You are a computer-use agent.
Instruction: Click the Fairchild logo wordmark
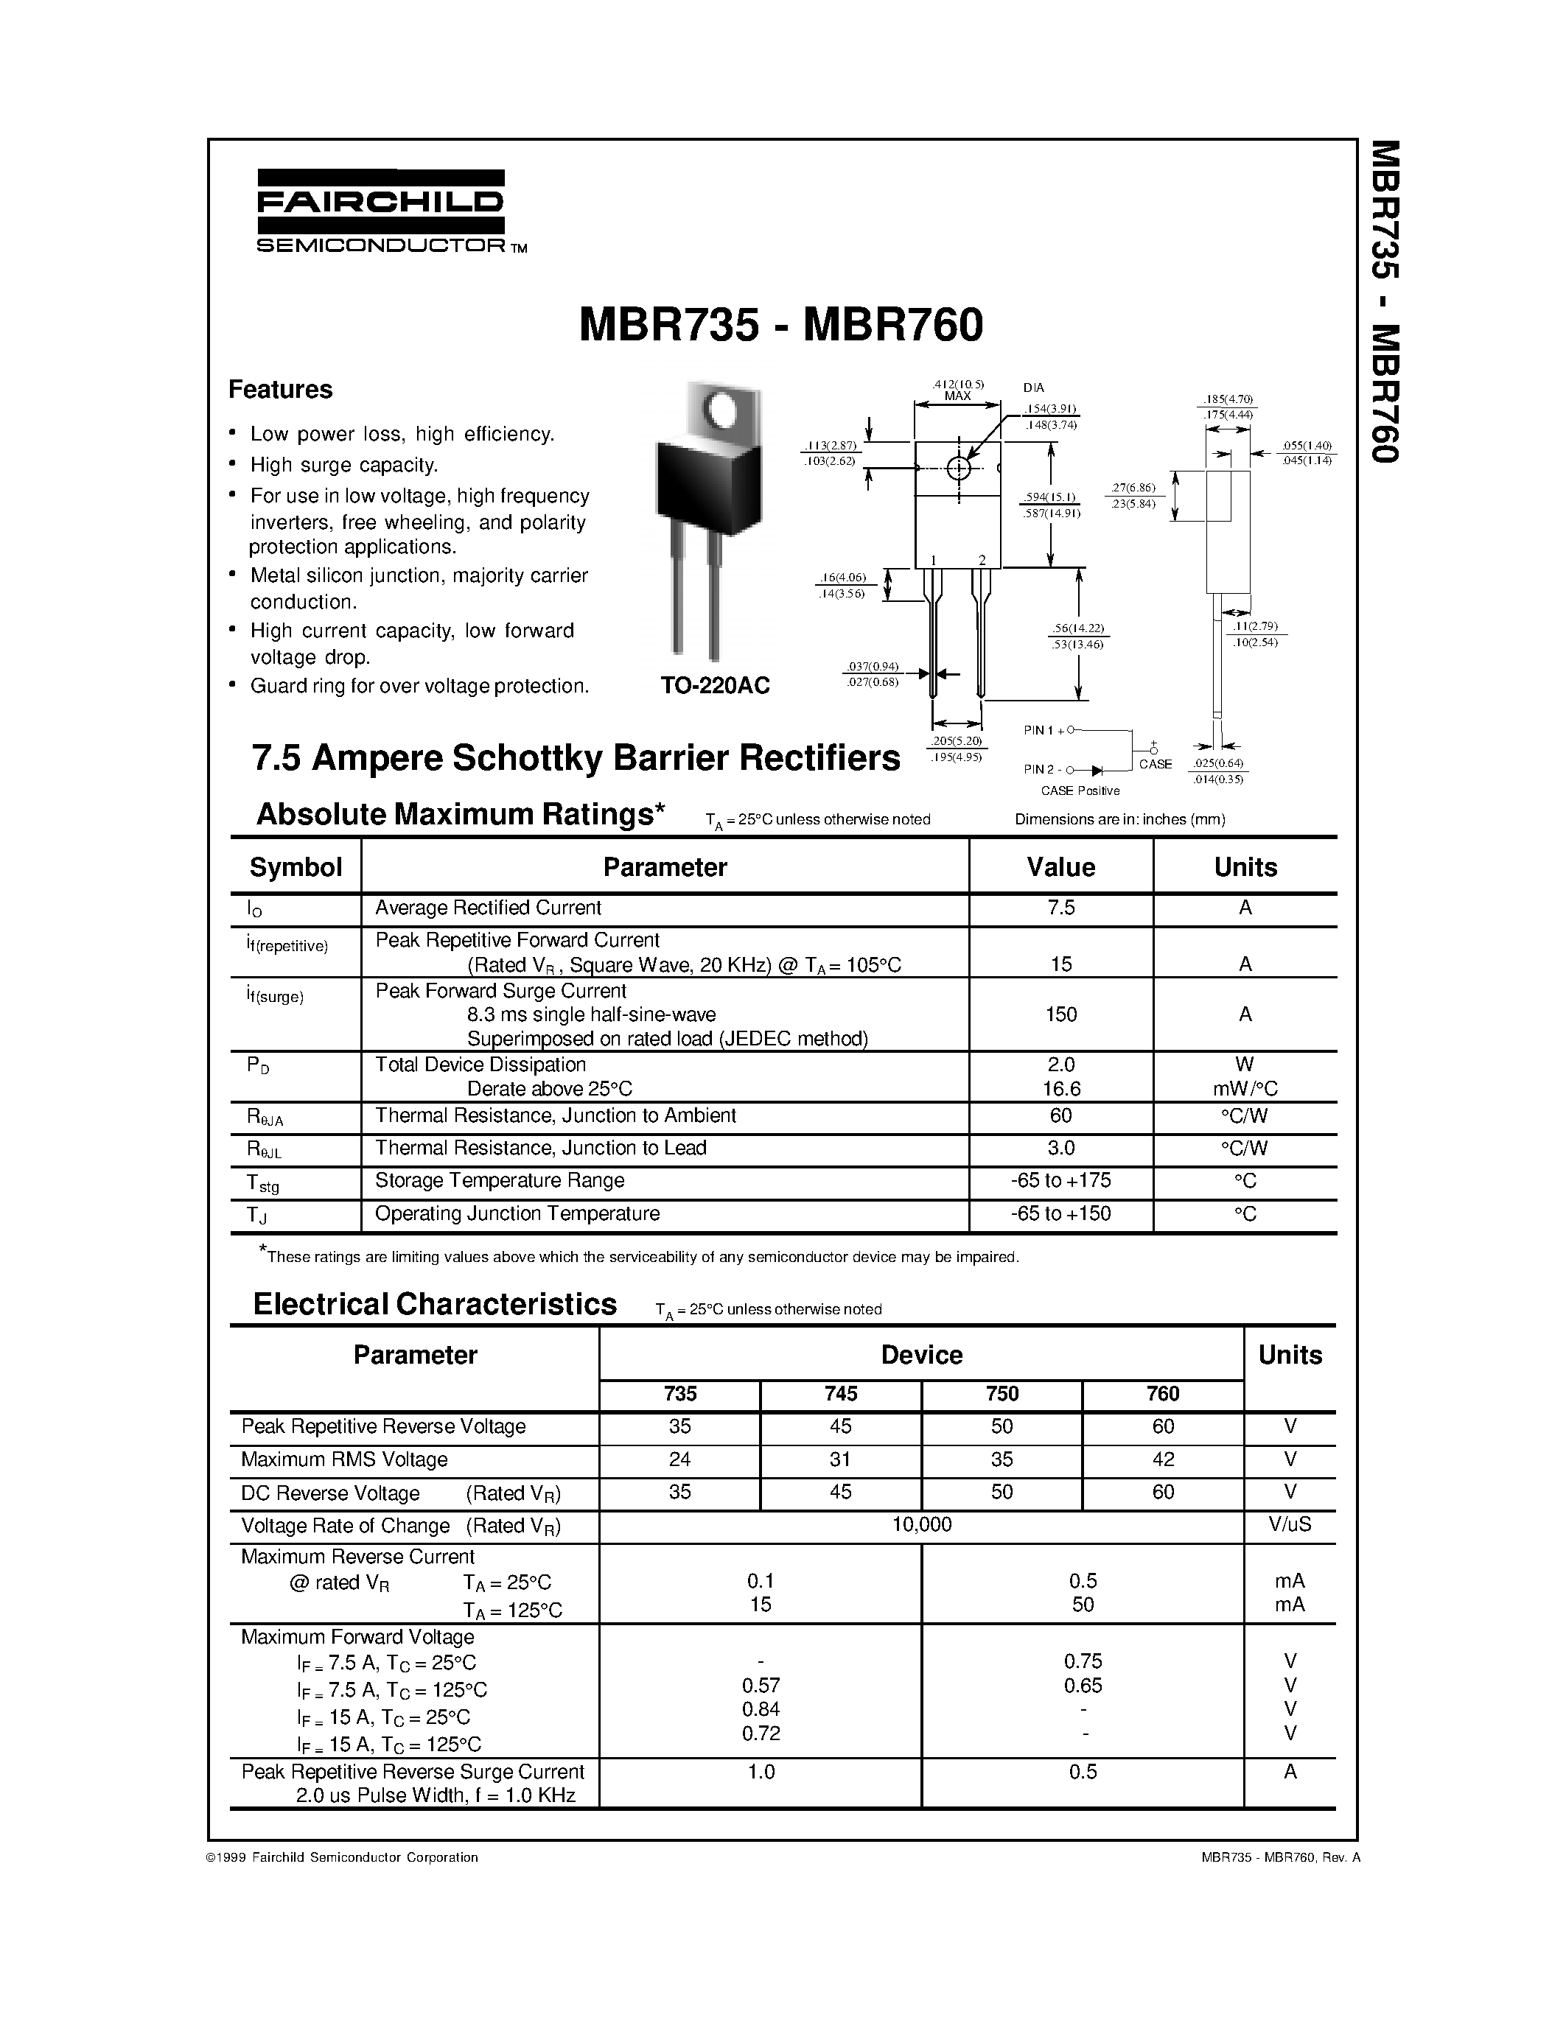[x=380, y=202]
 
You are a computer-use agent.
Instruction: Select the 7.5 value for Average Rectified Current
[x=1060, y=908]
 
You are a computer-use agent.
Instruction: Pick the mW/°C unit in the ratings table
[x=1245, y=1088]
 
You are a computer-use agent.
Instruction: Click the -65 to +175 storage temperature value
[x=1060, y=1181]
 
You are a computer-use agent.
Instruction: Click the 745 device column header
[x=841, y=1393]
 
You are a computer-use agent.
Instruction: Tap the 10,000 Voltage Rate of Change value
[x=922, y=1524]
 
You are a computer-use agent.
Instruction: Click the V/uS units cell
[x=1290, y=1524]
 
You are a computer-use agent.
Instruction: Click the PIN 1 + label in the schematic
[x=1043, y=730]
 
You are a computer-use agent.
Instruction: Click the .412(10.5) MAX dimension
[x=957, y=390]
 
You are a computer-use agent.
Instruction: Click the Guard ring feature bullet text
[x=419, y=687]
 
